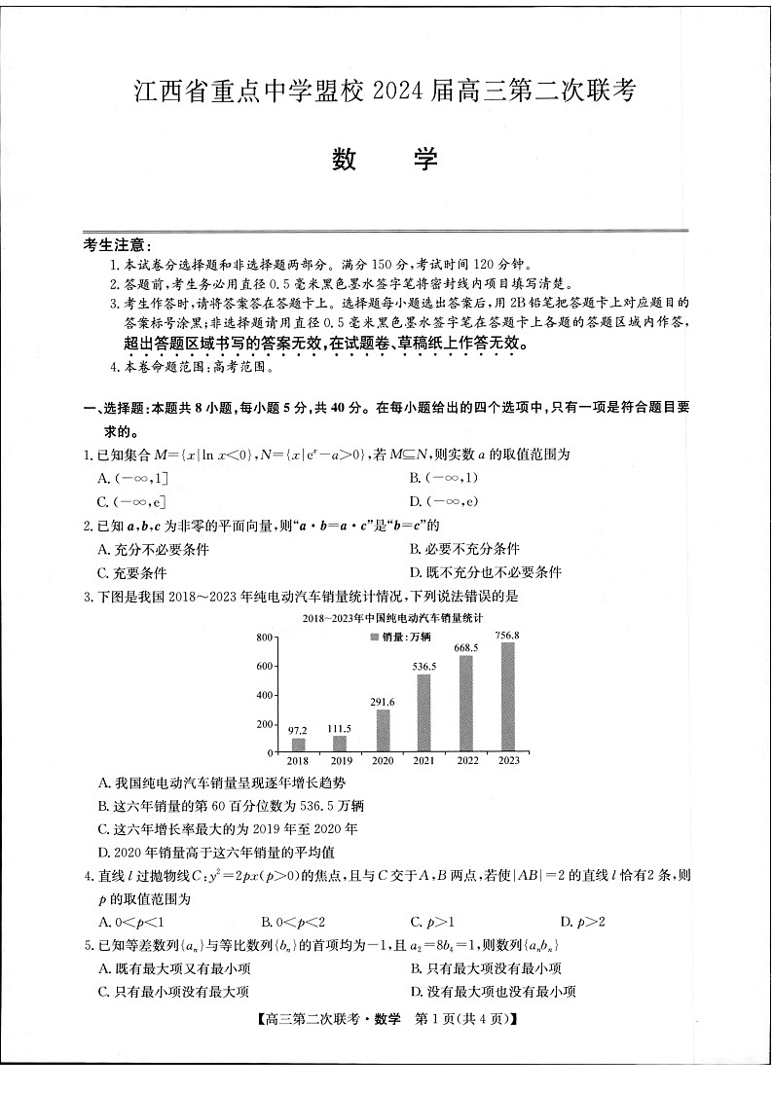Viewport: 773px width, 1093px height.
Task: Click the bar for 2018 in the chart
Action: (x=298, y=745)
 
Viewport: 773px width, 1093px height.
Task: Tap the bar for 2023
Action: (x=507, y=697)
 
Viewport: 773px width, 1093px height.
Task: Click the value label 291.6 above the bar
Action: (x=382, y=701)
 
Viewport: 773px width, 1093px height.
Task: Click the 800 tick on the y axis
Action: (x=263, y=637)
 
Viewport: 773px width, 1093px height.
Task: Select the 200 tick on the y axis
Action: (x=263, y=724)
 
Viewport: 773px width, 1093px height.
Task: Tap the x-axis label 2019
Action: (x=340, y=761)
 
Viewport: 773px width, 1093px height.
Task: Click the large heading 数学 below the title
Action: (x=386, y=160)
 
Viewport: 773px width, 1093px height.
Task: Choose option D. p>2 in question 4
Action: (x=582, y=921)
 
